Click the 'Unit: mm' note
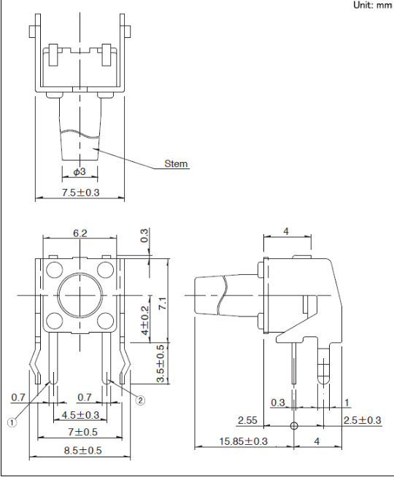pos(372,5)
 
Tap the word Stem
pos(176,163)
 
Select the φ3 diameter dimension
pos(80,172)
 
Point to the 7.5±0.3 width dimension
pos(81,193)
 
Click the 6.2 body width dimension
pos(80,233)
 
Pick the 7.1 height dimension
pos(163,303)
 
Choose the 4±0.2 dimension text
pos(145,320)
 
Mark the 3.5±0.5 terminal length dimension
pos(160,363)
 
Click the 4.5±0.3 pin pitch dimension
pos(80,415)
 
